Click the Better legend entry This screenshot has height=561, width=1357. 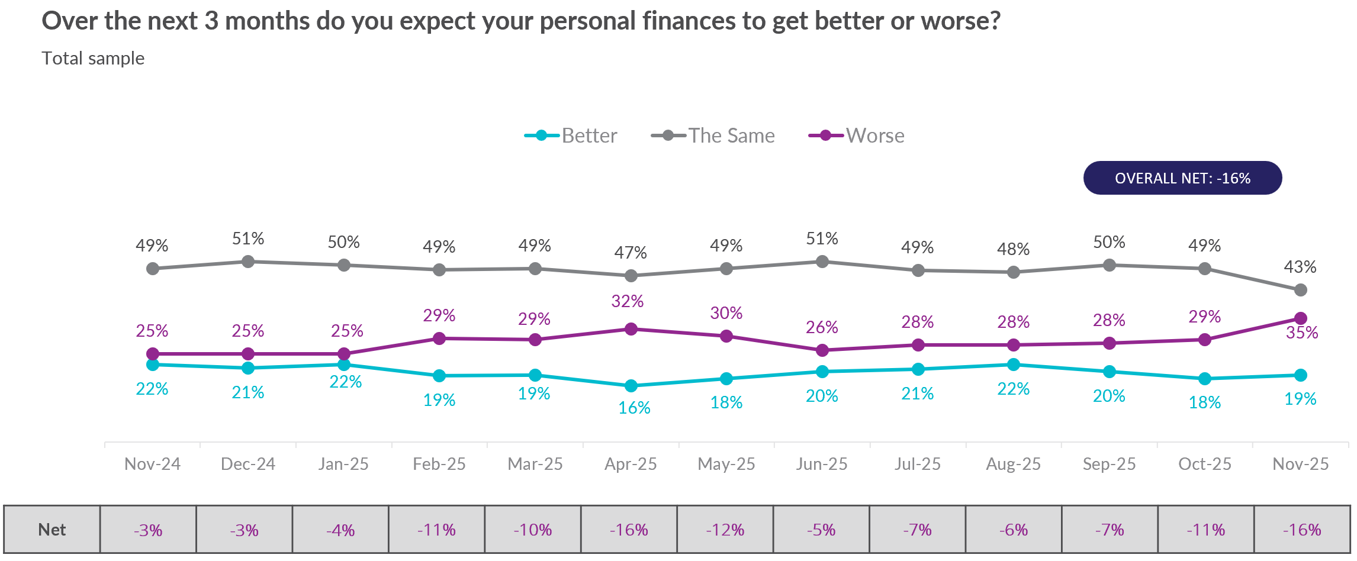pyautogui.click(x=571, y=136)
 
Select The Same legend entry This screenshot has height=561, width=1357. pyautogui.click(x=713, y=136)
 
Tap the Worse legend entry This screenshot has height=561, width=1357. pyautogui.click(x=857, y=136)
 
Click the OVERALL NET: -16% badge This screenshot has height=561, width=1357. pyautogui.click(x=1182, y=178)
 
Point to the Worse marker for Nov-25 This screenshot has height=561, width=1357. pyautogui.click(x=1301, y=318)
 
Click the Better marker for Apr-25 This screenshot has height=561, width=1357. pyautogui.click(x=631, y=386)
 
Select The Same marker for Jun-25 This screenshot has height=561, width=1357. pyautogui.click(x=822, y=262)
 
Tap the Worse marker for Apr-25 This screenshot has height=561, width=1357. pyautogui.click(x=631, y=329)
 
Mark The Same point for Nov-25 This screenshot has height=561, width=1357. pyautogui.click(x=1301, y=290)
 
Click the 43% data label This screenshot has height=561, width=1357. pyautogui.click(x=1300, y=267)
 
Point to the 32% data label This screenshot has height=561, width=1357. pyautogui.click(x=628, y=301)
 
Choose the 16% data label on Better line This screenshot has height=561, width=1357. pyautogui.click(x=634, y=408)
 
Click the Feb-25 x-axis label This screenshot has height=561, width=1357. pyautogui.click(x=439, y=464)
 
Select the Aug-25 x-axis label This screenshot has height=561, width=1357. pyautogui.click(x=1013, y=464)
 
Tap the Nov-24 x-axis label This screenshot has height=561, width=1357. pyautogui.click(x=152, y=464)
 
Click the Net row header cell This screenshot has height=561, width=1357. pyautogui.click(x=52, y=530)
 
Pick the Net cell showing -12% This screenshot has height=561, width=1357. pyautogui.click(x=725, y=530)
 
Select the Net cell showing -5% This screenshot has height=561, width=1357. pyautogui.click(x=821, y=530)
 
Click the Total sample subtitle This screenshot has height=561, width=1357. pyautogui.click(x=93, y=59)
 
